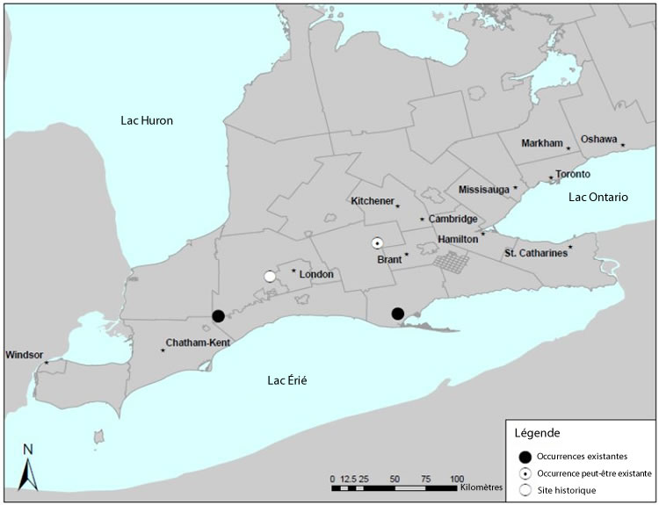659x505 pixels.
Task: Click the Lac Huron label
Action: [x=147, y=121]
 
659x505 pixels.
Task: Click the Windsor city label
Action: [x=24, y=356]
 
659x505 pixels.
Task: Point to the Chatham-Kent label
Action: [x=198, y=343]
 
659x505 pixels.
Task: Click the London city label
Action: [x=316, y=275]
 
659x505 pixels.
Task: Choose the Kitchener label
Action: [x=373, y=201]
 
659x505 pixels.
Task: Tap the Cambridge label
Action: [x=453, y=219]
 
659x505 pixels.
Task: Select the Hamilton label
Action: [x=458, y=239]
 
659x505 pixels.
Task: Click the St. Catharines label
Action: [x=534, y=254]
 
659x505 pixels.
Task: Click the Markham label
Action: [x=541, y=143]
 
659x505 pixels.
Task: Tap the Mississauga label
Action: [x=484, y=190]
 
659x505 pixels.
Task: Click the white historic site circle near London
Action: [x=270, y=277]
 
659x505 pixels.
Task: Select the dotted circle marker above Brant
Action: [x=377, y=243]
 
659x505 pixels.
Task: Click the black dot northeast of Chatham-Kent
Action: [x=218, y=316]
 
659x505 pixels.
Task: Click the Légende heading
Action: [x=536, y=434]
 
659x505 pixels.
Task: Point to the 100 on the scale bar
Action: [x=455, y=480]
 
